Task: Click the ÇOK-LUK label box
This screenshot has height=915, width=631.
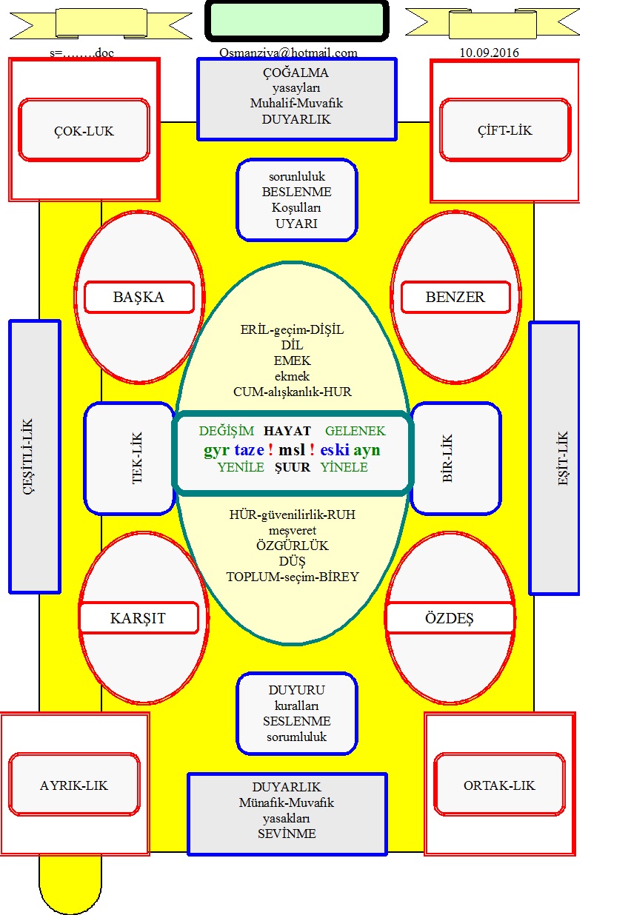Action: (84, 130)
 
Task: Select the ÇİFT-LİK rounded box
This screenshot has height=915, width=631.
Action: (504, 130)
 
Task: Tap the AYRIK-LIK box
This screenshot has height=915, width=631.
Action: (74, 785)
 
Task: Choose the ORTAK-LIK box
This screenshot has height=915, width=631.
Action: (499, 785)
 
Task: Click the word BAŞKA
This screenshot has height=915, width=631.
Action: (138, 297)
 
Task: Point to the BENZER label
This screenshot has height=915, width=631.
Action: (455, 297)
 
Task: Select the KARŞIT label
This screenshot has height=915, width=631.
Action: (138, 618)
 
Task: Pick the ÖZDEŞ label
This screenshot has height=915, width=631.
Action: (449, 618)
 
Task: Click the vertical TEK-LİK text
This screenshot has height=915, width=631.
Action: (137, 458)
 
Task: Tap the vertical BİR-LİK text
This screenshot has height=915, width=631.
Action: (447, 458)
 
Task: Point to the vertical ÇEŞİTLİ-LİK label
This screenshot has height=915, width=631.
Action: (28, 457)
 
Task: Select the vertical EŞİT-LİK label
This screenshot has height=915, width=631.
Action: (563, 458)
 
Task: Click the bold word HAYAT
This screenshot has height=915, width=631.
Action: (287, 431)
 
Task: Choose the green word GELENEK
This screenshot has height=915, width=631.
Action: (355, 431)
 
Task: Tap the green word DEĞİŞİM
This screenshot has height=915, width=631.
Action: (227, 431)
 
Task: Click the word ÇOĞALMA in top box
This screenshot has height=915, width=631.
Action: (296, 73)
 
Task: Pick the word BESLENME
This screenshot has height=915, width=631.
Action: (297, 192)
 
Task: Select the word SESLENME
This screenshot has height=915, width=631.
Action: (297, 721)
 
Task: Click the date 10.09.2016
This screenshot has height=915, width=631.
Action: (490, 53)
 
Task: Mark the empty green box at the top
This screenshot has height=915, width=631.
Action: (297, 21)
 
